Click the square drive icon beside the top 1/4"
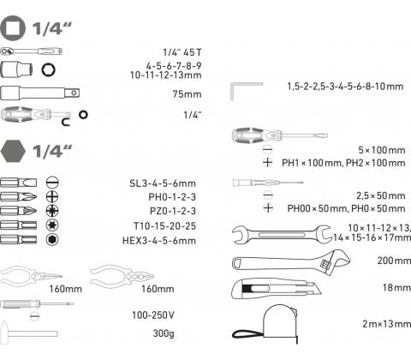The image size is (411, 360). [x=13, y=27]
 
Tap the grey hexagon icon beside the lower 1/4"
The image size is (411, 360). [x=13, y=151]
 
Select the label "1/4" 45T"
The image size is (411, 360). [x=182, y=52]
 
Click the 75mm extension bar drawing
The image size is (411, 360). [x=40, y=93]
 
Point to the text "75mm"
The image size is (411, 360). [x=187, y=94]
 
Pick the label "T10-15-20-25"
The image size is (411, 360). [x=164, y=226]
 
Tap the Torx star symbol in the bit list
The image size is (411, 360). [x=52, y=225]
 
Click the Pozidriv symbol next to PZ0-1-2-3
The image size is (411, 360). [x=52, y=211]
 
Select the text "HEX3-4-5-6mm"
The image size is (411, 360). [x=159, y=240]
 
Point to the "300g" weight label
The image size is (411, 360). [x=164, y=333]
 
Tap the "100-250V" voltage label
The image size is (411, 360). [x=153, y=315]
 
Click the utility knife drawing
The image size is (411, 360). [x=277, y=289]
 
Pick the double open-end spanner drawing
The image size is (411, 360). [x=282, y=235]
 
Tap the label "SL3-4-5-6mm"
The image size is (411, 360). [x=163, y=183]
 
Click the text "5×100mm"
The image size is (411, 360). [x=382, y=150]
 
